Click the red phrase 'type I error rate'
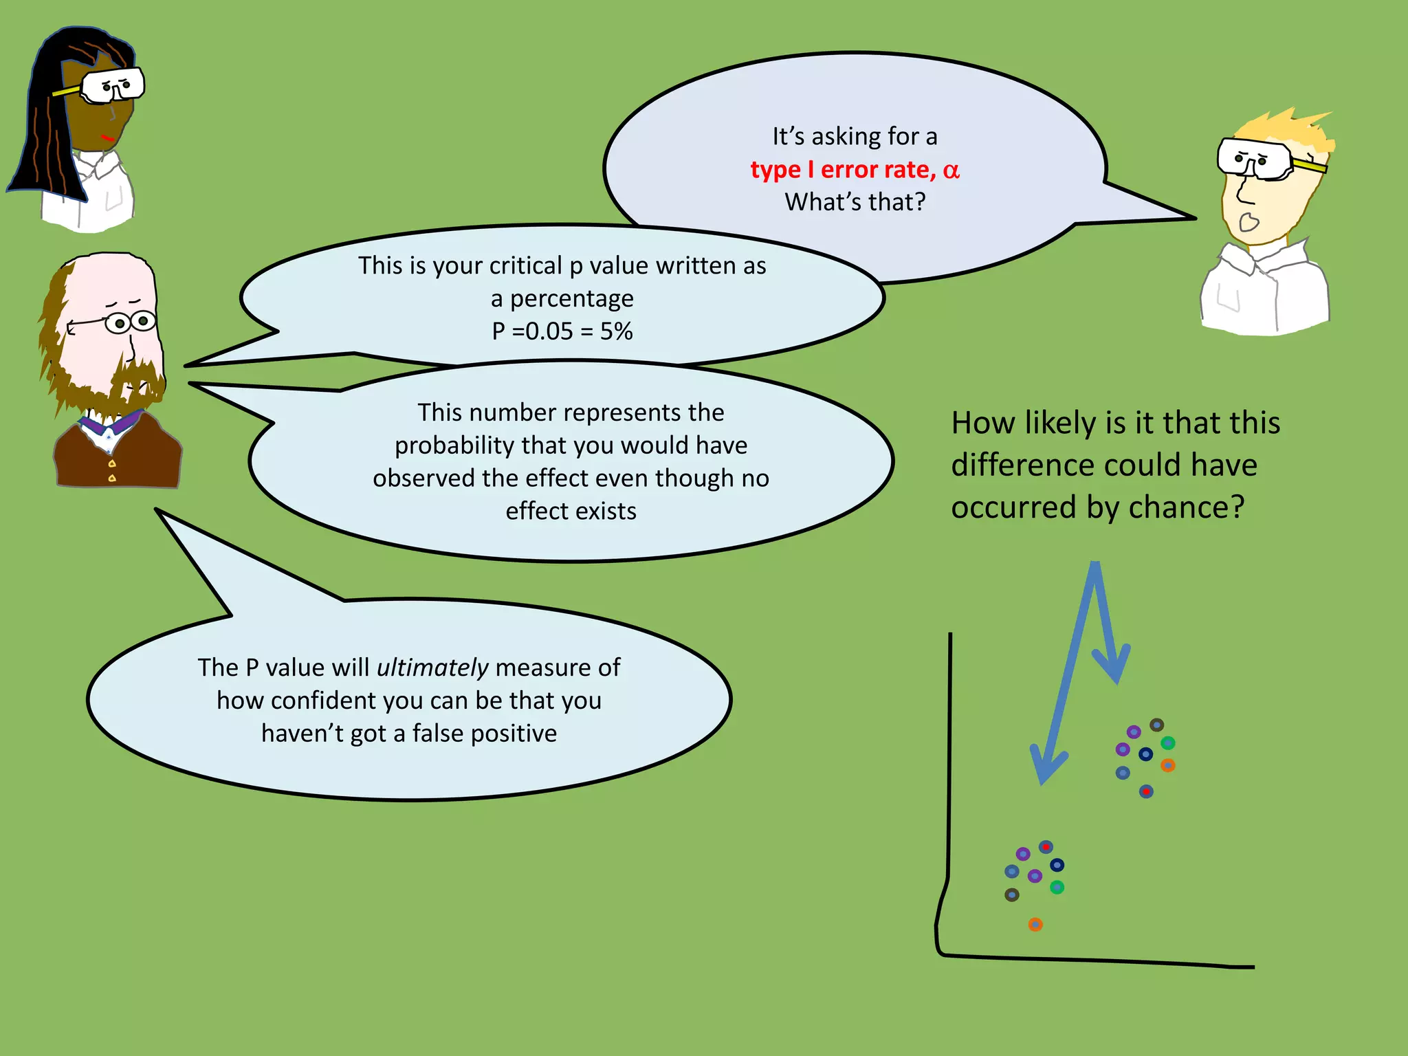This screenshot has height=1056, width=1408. (843, 170)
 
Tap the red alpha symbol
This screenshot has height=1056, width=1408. (951, 170)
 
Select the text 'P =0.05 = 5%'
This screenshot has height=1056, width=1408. (562, 331)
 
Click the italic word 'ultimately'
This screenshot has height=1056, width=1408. (432, 668)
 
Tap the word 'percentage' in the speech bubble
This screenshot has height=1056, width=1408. (571, 299)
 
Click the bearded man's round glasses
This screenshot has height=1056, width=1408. (131, 322)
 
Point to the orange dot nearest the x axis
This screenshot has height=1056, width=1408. (1035, 925)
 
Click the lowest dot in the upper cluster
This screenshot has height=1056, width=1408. (1146, 791)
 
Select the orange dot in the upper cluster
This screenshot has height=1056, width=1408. (1168, 765)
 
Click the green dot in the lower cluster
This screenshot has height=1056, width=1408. (1057, 888)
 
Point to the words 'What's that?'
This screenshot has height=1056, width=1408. (855, 202)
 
